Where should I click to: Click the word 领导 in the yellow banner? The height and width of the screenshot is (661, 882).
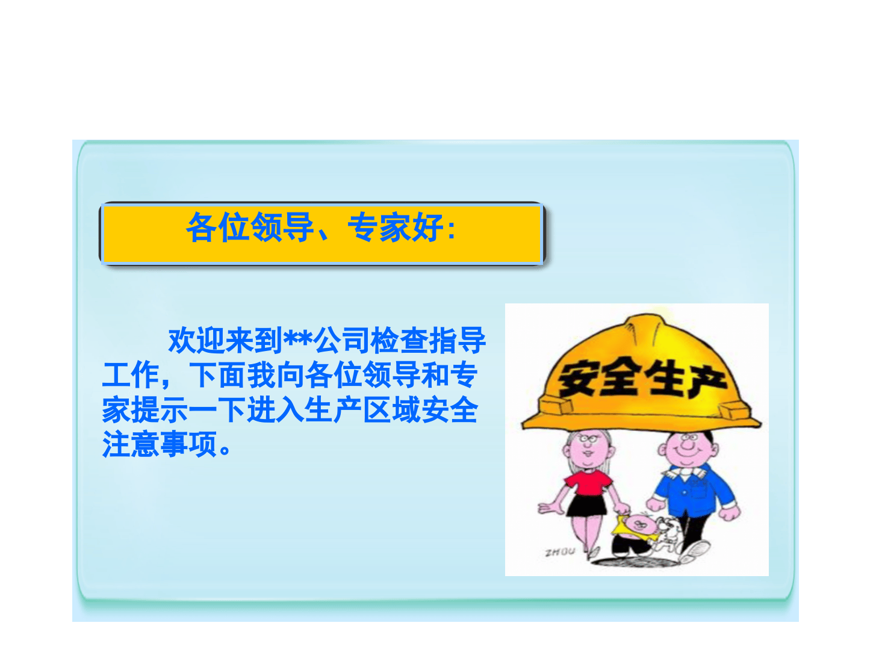click(x=282, y=228)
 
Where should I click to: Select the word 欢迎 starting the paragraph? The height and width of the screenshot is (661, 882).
click(x=196, y=341)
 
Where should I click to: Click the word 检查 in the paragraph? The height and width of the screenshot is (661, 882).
click(x=399, y=341)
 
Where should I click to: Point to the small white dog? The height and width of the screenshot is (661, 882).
click(x=668, y=533)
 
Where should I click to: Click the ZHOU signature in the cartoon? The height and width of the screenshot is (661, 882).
click(x=560, y=551)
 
